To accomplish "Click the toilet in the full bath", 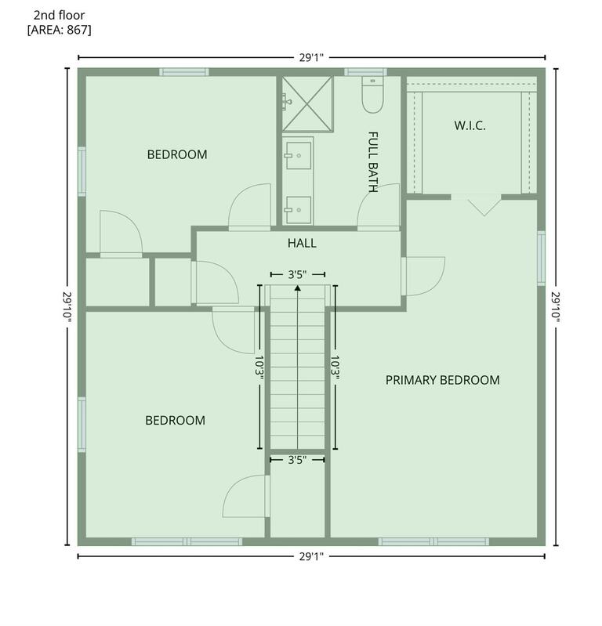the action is [x=372, y=94].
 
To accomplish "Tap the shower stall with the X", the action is [x=307, y=103].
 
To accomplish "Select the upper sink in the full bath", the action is [x=298, y=155].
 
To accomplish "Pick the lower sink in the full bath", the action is [x=298, y=210].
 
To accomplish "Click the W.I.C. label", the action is [x=470, y=126].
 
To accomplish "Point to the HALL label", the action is [x=302, y=243].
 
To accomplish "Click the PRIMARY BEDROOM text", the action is [x=443, y=380].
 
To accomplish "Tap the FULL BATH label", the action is [x=372, y=162].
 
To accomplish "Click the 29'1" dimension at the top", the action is [x=311, y=58].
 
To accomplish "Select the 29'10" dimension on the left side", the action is [x=67, y=306].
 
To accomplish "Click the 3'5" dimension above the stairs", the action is [x=298, y=275].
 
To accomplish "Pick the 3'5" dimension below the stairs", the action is [x=298, y=460].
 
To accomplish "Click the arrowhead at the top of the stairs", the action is [x=298, y=288].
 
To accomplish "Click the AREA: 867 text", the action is [x=59, y=30].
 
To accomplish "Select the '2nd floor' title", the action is [x=59, y=15].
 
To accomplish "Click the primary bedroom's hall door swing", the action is [x=426, y=277].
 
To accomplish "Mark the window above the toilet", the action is [x=365, y=72].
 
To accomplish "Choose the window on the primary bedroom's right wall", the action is [x=542, y=258].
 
